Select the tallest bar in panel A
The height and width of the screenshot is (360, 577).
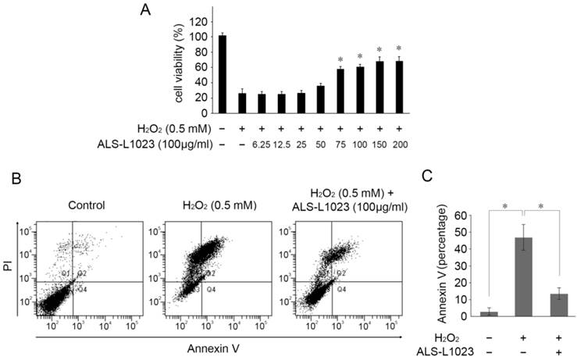pos(222,75)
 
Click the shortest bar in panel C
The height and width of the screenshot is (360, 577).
pos(467,313)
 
